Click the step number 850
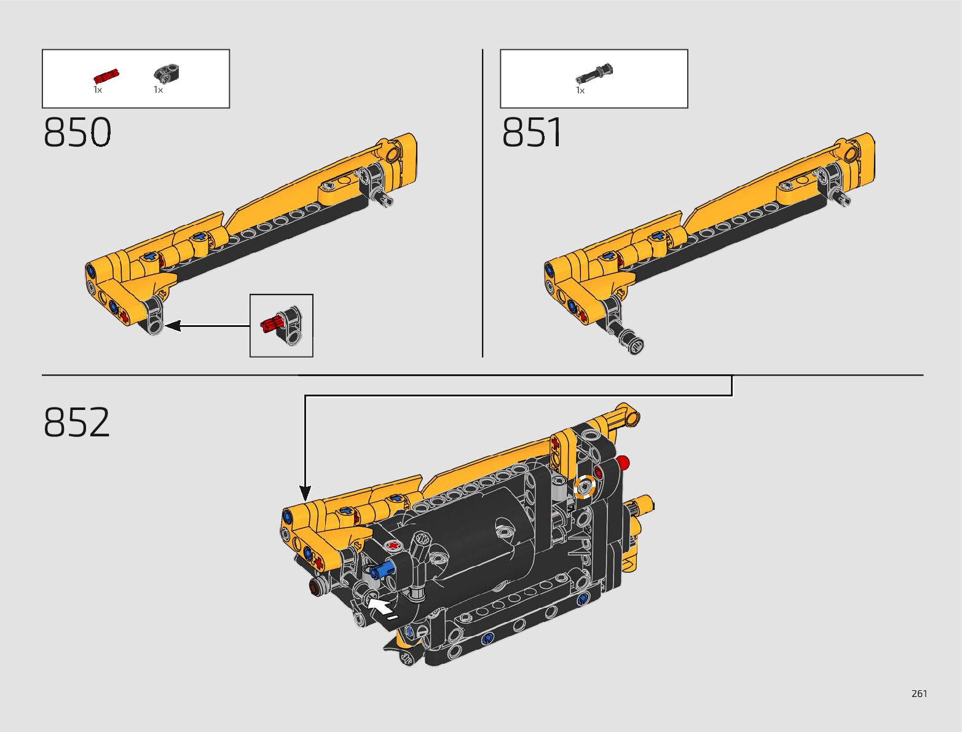77,132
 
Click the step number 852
77,422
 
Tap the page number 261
919,693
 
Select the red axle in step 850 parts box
106,76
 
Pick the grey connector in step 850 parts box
167,73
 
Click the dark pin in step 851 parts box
594,74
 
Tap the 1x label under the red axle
98,90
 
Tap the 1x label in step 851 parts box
580,90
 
